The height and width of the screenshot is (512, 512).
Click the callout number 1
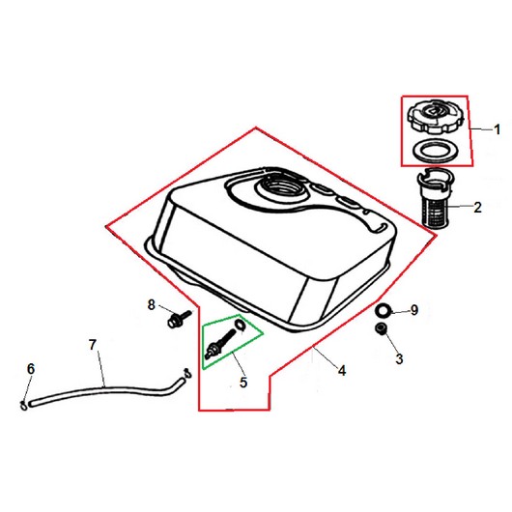click(x=497, y=129)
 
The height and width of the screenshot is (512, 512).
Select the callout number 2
click(x=477, y=207)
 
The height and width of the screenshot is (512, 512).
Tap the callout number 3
click(x=399, y=358)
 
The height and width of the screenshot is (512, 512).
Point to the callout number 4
click(x=342, y=370)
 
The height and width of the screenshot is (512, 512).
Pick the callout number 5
click(x=243, y=382)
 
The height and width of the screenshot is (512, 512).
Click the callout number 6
click(x=30, y=369)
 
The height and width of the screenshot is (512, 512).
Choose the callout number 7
click(x=93, y=345)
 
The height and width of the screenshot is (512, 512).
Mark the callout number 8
click(x=151, y=304)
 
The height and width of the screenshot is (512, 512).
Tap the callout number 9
click(x=414, y=309)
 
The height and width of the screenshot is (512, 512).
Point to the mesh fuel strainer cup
click(x=436, y=199)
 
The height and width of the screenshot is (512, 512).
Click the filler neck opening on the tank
click(x=280, y=186)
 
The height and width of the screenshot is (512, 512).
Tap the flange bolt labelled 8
click(x=179, y=318)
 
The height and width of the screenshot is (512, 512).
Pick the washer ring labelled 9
click(x=383, y=310)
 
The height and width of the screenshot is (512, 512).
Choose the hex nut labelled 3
click(x=382, y=328)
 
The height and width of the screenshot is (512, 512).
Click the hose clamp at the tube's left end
click(x=23, y=405)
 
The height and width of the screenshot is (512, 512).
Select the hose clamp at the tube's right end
click(x=187, y=373)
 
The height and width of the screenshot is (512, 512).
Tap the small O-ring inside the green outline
click(x=240, y=326)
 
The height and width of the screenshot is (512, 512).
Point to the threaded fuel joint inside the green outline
click(x=219, y=342)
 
